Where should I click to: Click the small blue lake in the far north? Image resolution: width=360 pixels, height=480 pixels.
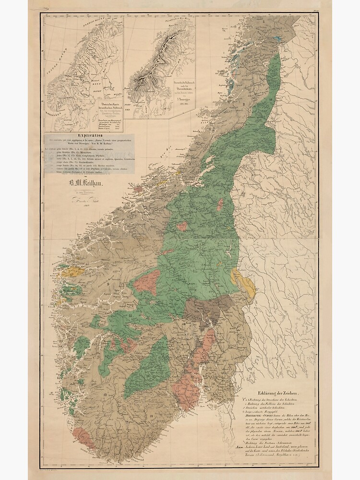point(276,38)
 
